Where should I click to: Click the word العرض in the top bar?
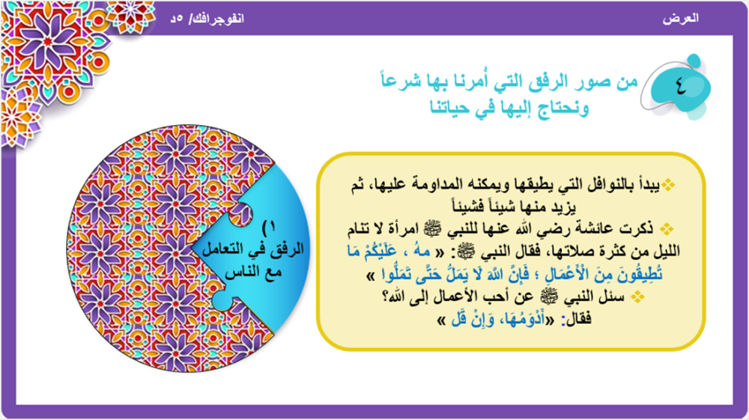(x=681, y=18)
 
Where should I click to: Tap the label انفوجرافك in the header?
(x=219, y=19)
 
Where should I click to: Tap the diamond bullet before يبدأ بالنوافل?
(x=668, y=185)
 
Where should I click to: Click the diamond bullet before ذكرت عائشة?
(x=667, y=230)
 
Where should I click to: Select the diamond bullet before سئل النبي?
(x=637, y=297)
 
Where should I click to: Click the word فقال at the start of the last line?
(x=579, y=318)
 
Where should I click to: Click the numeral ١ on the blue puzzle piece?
(x=271, y=226)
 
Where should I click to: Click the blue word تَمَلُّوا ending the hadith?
(x=398, y=275)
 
